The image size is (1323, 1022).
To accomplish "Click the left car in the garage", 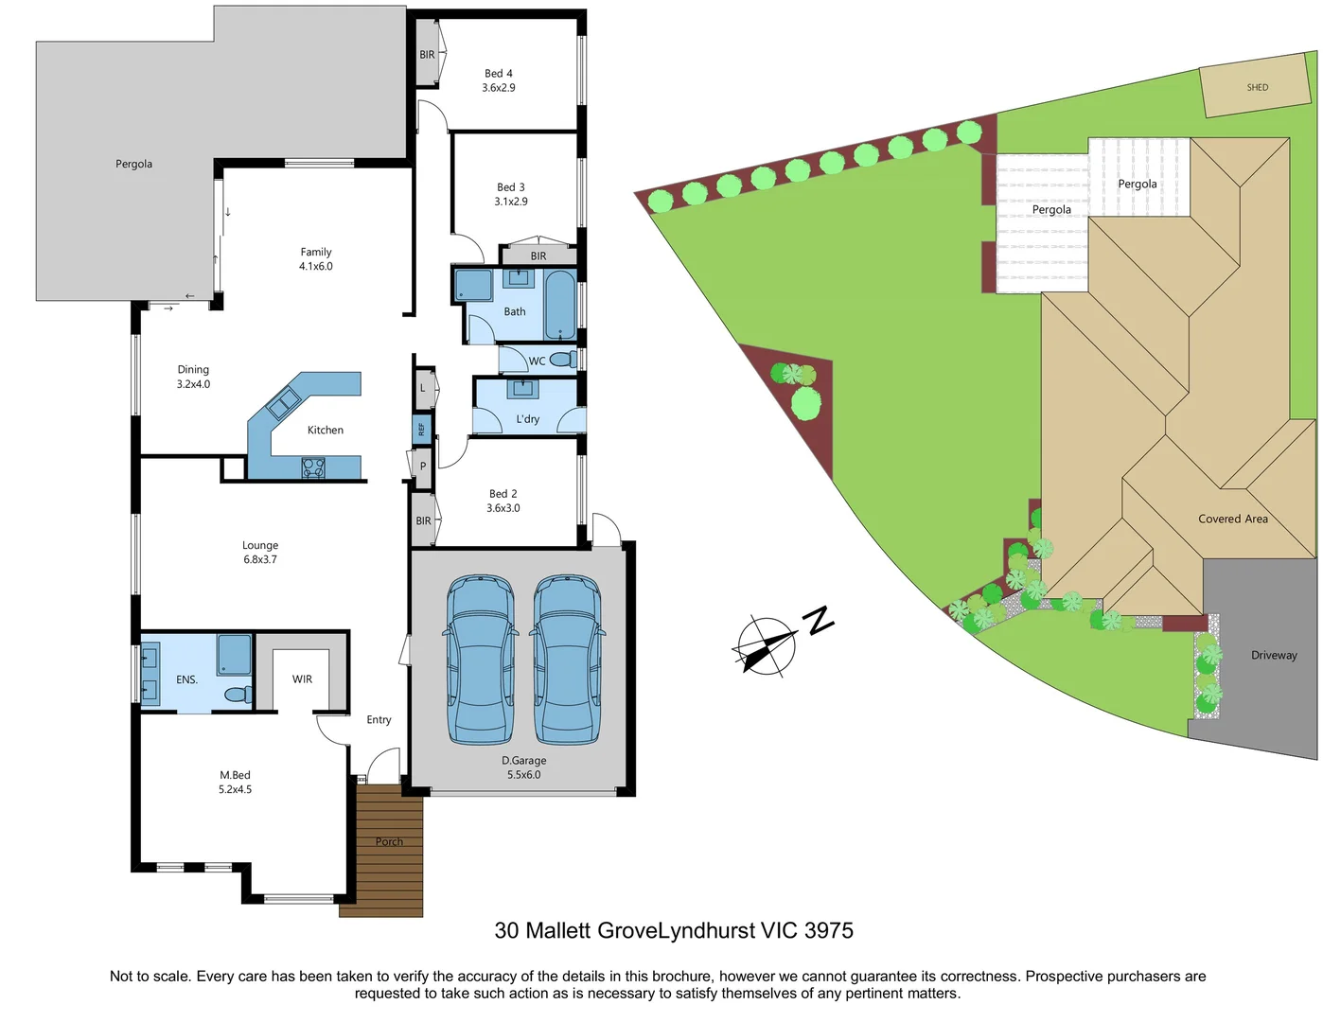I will (x=481, y=660).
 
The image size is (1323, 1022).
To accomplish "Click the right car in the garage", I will (x=568, y=660).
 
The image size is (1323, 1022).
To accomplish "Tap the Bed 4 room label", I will (x=499, y=73).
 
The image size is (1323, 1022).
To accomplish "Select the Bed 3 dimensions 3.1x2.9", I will (x=511, y=202).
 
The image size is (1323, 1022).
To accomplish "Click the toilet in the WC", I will (x=564, y=360).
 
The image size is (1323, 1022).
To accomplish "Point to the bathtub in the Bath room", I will (x=560, y=305).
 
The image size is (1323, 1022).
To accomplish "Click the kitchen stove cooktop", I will (x=313, y=467).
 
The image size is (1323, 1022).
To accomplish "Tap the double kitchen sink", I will (x=283, y=404).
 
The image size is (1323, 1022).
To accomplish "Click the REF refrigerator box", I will (x=422, y=430).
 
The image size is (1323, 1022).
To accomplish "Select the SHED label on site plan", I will (x=1257, y=87).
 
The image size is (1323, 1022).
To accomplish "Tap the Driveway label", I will (x=1274, y=655).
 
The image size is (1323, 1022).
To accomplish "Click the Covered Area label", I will (x=1232, y=519).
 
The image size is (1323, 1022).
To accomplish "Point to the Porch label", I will (x=389, y=841).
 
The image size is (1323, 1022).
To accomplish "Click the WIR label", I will (x=302, y=679).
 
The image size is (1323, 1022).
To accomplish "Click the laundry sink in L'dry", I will (x=521, y=389).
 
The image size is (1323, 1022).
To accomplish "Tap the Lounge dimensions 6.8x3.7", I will (x=260, y=559).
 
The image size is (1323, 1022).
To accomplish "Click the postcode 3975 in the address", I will (x=828, y=930).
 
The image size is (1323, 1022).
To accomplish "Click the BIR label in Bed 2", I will (x=423, y=520).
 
